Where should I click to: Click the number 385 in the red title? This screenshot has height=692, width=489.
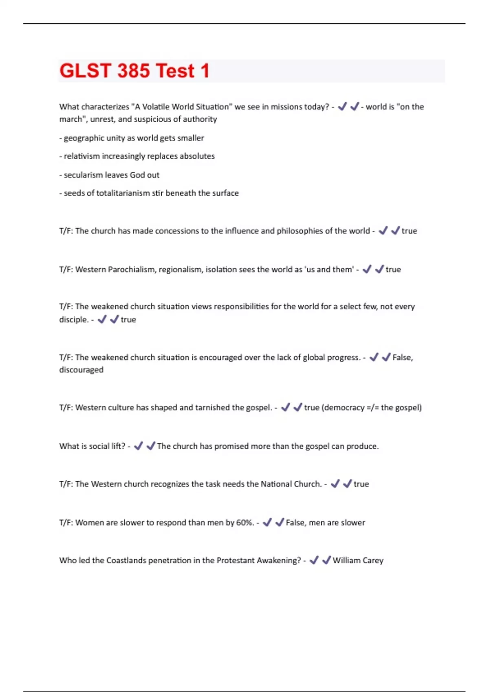pyautogui.click(x=133, y=71)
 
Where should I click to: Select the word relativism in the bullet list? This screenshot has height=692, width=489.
pyautogui.click(x=81, y=156)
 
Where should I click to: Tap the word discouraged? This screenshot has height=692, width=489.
pyautogui.click(x=81, y=370)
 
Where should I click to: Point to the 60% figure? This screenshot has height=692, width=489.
pyautogui.click(x=245, y=523)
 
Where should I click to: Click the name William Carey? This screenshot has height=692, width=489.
pyautogui.click(x=358, y=561)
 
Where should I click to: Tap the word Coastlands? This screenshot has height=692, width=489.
pyautogui.click(x=126, y=561)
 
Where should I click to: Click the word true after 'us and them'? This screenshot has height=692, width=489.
pyautogui.click(x=393, y=269)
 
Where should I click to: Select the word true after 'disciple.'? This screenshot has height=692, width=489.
pyautogui.click(x=128, y=320)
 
